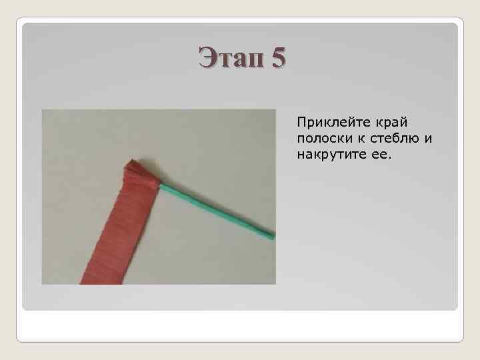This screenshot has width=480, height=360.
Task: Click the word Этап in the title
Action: tap(231, 58)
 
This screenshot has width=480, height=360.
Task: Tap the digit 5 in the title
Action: tap(278, 58)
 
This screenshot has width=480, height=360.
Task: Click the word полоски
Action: tap(320, 139)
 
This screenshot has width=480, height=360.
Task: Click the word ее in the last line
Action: tap(369, 155)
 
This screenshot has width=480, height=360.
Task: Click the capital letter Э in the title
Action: tap(207, 58)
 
